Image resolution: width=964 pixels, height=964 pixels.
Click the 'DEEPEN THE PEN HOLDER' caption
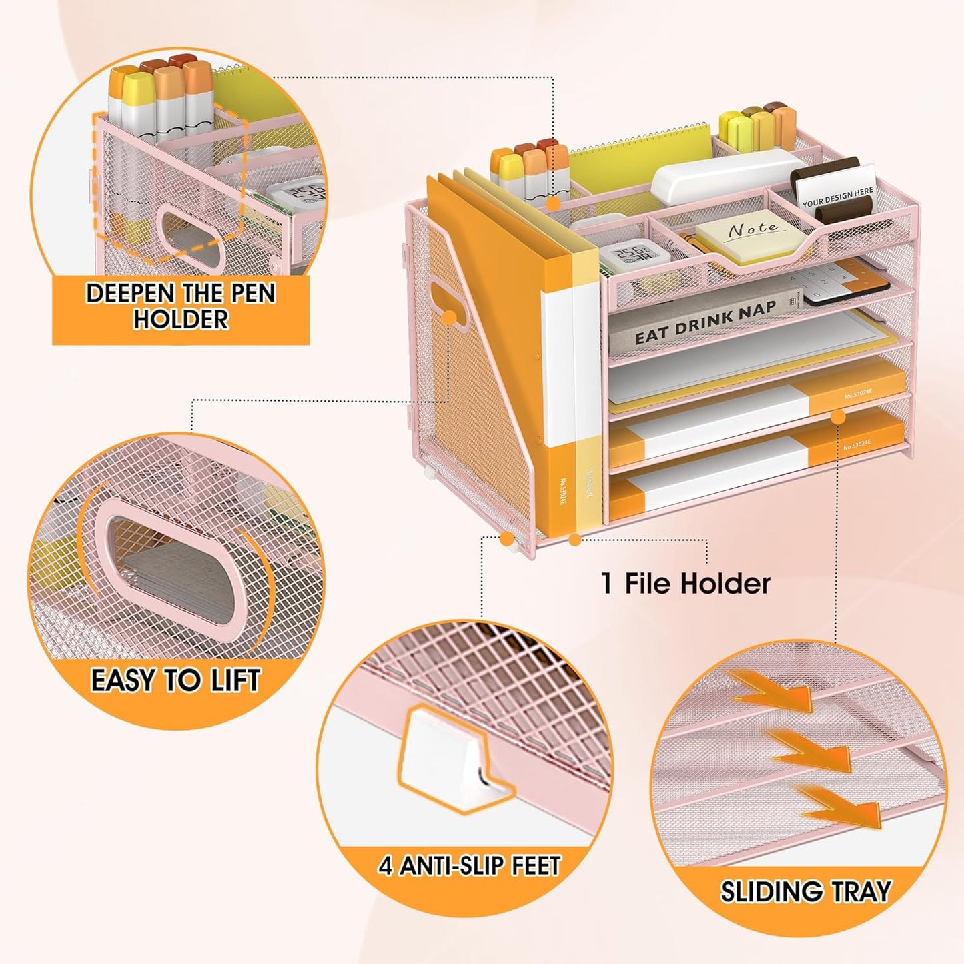pos(180,306)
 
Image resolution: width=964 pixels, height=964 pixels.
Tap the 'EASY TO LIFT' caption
pos(175,681)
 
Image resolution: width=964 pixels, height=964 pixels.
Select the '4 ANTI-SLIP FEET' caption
pos(469,866)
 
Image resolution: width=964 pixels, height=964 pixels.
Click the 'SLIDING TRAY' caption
pos(805,891)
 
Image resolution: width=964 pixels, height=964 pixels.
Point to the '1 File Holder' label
pos(686,584)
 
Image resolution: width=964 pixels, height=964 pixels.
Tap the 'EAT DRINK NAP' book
pos(704,322)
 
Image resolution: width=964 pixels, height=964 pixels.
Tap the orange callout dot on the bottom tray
pos(838,416)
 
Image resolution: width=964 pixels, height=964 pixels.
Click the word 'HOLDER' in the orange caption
pos(180,320)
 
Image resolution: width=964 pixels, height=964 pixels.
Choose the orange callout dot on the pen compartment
pos(553,204)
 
